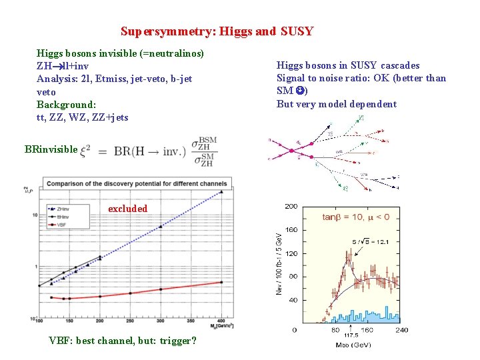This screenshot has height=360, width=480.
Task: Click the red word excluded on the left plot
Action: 127,209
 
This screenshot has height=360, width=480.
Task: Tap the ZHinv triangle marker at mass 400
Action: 221,192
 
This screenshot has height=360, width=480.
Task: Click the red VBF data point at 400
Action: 221,283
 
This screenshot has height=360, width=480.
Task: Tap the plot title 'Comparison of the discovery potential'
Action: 137,183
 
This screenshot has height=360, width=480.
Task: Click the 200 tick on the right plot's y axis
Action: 291,207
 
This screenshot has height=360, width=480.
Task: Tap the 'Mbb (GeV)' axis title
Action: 353,345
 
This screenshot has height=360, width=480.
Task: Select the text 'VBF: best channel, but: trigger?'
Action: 123,341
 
